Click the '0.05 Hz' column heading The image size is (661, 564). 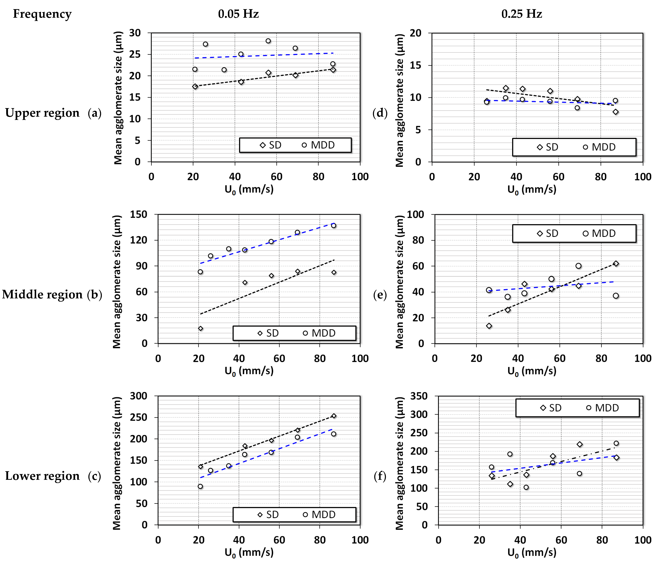click(238, 14)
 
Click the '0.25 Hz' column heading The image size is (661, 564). click(522, 14)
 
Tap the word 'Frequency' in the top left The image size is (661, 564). click(42, 14)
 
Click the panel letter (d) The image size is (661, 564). click(380, 113)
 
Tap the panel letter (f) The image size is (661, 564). click(380, 476)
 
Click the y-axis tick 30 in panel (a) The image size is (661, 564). click(135, 33)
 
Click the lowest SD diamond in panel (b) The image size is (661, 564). click(200, 328)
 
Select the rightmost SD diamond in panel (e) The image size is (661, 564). click(616, 264)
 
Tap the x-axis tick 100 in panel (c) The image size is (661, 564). click(360, 540)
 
